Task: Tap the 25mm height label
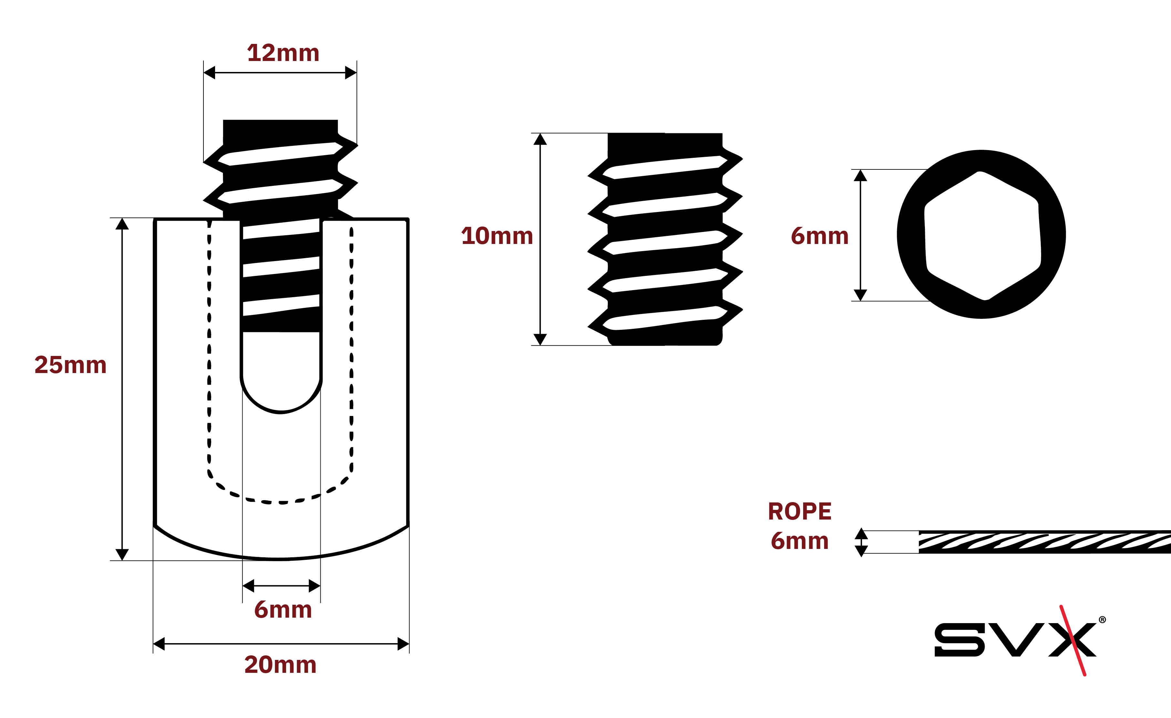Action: [70, 365]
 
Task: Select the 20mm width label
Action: [280, 665]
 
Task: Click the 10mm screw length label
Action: [497, 236]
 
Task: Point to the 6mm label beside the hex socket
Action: [819, 236]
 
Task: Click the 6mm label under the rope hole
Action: [283, 610]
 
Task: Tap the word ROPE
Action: [800, 512]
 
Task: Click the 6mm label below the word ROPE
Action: [800, 541]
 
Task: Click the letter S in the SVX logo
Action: [959, 640]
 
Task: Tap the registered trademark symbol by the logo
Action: [1103, 620]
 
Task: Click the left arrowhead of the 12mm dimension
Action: [210, 73]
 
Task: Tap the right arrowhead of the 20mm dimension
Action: [403, 644]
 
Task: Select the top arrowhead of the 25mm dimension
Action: [122, 224]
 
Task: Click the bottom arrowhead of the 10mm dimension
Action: [540, 339]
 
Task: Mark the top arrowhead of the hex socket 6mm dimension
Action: [860, 176]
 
